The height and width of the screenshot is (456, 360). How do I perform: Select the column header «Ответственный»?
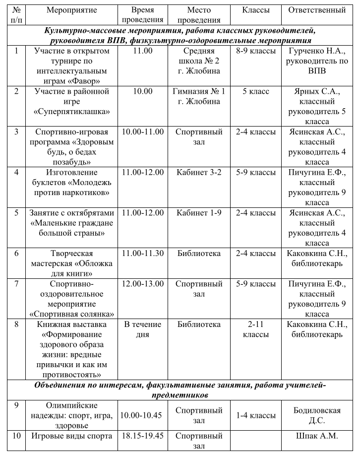(320, 10)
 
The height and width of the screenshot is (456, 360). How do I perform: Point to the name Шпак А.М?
(320, 436)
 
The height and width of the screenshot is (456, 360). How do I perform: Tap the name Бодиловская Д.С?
(320, 415)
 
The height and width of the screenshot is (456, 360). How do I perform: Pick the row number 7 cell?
(16, 284)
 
